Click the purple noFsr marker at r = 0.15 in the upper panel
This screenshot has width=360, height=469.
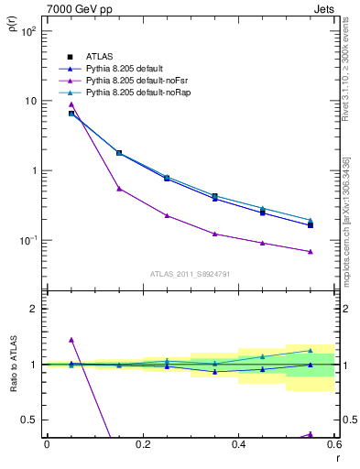pyautogui.click(x=119, y=189)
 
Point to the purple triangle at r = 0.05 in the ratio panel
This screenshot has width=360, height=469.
pyautogui.click(x=71, y=340)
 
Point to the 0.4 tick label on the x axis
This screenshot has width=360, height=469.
pyautogui.click(x=238, y=443)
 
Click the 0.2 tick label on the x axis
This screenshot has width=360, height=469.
pyautogui.click(x=142, y=443)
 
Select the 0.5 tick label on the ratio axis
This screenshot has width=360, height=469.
pyautogui.click(x=28, y=420)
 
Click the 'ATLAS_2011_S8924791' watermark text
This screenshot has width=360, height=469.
pyautogui.click(x=191, y=273)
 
